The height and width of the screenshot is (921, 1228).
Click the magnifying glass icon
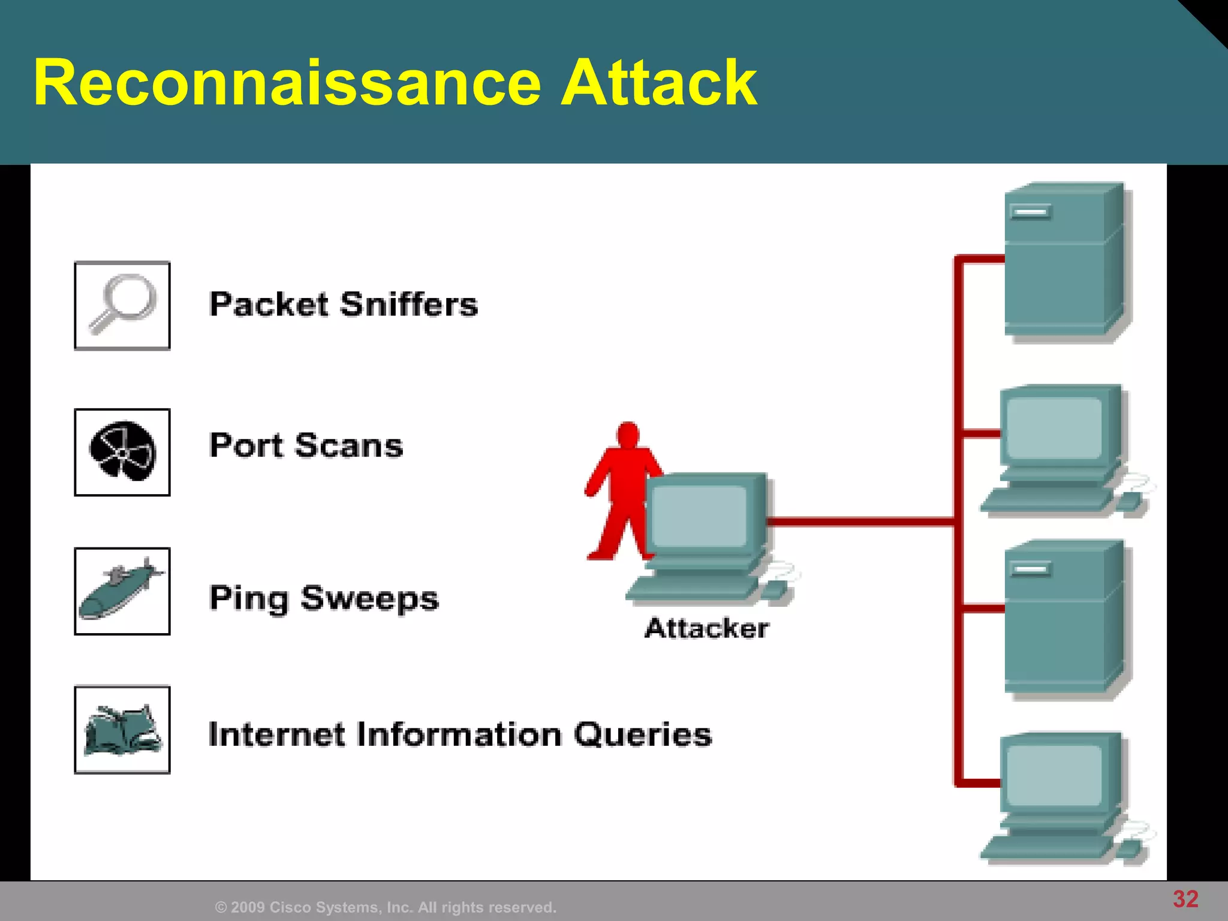click(x=122, y=305)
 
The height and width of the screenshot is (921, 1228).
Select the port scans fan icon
click(x=122, y=452)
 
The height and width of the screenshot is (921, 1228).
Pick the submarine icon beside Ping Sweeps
click(x=122, y=591)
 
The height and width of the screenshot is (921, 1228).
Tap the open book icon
click(x=122, y=730)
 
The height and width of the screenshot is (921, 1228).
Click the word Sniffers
click(x=409, y=304)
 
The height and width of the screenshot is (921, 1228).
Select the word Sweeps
click(x=369, y=598)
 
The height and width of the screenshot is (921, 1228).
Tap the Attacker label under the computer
click(x=706, y=628)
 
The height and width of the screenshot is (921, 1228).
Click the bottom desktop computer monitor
click(x=1054, y=776)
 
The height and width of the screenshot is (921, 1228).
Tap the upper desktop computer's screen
click(x=1054, y=428)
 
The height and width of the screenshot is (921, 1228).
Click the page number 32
click(x=1185, y=899)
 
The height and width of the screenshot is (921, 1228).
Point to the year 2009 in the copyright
click(x=246, y=907)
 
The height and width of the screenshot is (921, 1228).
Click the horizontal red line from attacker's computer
click(x=860, y=522)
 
